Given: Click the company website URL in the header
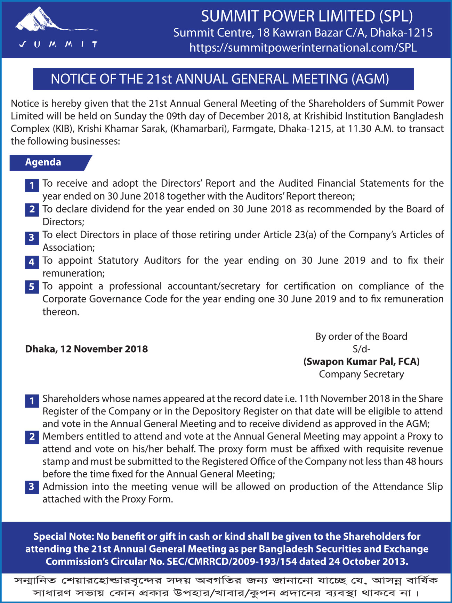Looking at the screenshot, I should pos(303,48).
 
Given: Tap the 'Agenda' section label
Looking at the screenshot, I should pos(43,162).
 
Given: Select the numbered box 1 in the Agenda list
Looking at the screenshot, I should pos(32,185).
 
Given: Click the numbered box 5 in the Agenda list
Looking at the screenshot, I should pos(32,287).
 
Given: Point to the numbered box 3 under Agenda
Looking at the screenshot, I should pos(32,238).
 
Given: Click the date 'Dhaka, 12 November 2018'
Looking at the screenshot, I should pos(87,349).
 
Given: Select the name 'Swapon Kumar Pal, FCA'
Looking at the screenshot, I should pos(362,362).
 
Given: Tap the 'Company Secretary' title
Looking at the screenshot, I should pos(362,375).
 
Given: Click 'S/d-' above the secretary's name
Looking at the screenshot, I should pos(362,349).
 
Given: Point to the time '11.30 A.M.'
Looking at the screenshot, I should pos(370,129).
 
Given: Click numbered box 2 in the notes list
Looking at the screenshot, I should pos(32,437).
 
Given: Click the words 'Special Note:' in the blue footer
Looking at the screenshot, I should pos(63,537).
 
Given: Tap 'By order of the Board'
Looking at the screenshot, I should pos(362,337).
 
